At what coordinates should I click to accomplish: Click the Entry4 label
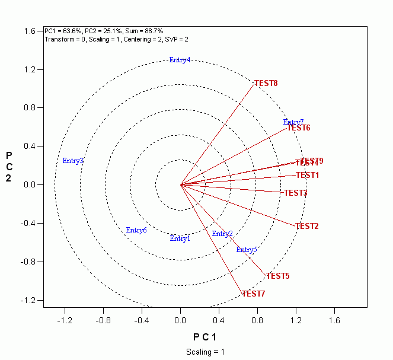180,60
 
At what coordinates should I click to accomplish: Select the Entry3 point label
73,161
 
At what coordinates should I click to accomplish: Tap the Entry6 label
136,230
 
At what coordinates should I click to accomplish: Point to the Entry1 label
180,238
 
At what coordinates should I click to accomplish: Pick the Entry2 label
222,234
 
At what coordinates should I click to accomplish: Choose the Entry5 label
247,250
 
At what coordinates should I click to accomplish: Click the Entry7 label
293,122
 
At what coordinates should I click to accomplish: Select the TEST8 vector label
266,83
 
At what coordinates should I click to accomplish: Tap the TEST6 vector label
299,128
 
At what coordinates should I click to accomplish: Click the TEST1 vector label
308,175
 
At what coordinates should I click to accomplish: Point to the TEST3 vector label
296,193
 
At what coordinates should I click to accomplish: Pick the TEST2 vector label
307,226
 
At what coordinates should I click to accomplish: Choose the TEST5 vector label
277,276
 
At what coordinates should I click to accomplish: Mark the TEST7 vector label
253,294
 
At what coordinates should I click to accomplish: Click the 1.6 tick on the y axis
28,31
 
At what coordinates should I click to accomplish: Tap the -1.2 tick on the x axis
65,320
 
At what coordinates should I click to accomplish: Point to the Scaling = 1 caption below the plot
206,352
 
